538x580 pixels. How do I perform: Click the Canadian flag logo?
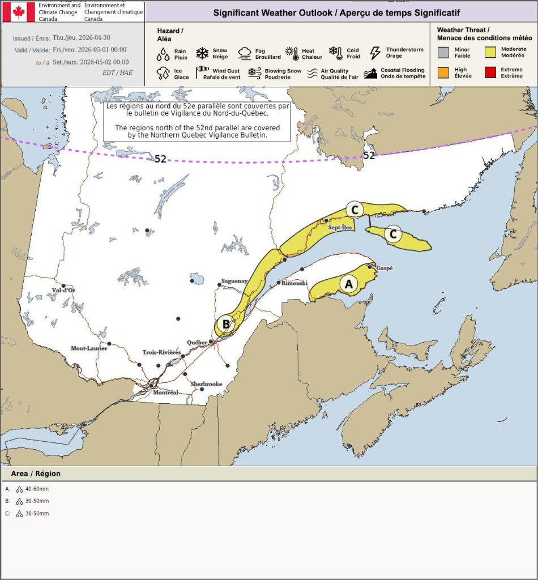pos(19,12)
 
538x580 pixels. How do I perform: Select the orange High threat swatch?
pos(443,72)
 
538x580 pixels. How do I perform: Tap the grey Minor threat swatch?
pos(443,53)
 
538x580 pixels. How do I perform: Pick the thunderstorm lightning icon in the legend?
pos(375,53)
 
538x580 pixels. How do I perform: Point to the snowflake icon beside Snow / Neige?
pos(202,53)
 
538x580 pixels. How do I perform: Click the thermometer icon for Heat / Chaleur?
pos(292,54)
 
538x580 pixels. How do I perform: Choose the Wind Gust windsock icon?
pos(202,73)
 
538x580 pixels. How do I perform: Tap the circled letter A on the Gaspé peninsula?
pos(349,284)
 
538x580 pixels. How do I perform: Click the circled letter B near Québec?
pos(226,324)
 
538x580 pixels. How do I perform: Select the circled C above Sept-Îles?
pos(355,210)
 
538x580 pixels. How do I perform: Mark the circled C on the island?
pos(393,233)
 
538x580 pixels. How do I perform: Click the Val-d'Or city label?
pos(63,291)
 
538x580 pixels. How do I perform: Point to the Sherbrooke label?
pos(206,384)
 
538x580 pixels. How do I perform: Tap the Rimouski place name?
pos(294,283)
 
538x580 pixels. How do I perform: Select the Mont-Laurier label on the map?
pos(89,348)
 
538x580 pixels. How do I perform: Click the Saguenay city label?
pos(234,281)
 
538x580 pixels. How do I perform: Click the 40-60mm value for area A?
pos(37,489)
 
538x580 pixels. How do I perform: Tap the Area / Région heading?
pos(36,474)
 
